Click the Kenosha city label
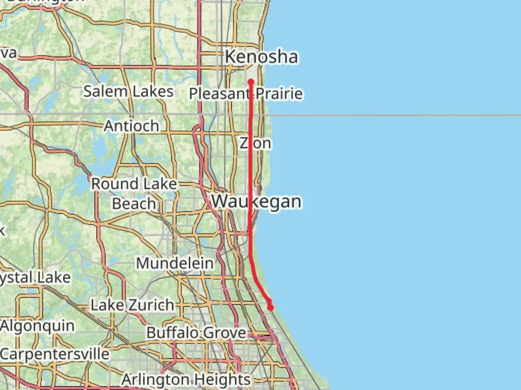[x=261, y=57]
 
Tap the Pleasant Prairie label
[x=246, y=94]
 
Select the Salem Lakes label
[x=128, y=91]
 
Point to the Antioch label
[x=131, y=126]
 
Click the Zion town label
[x=255, y=143]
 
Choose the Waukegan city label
[x=256, y=201]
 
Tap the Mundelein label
[x=175, y=263]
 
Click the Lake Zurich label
[x=132, y=305]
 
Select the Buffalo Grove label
[x=196, y=333]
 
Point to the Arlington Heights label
[x=186, y=380]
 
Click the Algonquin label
[x=38, y=326]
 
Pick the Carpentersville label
[x=55, y=354]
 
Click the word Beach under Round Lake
[x=134, y=204]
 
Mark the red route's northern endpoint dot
[x=251, y=82]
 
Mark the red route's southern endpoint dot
[x=270, y=308]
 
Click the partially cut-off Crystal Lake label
[x=35, y=278]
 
